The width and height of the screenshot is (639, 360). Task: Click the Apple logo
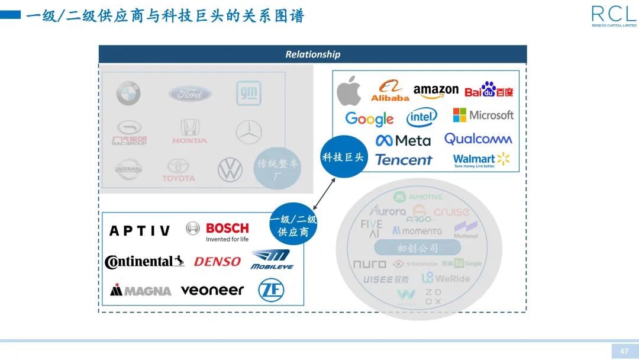pyautogui.click(x=349, y=91)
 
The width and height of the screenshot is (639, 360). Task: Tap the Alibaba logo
pyautogui.click(x=390, y=91)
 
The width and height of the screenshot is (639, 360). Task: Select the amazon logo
pyautogui.click(x=436, y=91)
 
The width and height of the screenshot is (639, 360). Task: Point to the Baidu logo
pyautogui.click(x=489, y=90)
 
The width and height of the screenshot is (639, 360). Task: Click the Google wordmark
pyautogui.click(x=369, y=118)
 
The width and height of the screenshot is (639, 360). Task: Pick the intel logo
pyautogui.click(x=422, y=118)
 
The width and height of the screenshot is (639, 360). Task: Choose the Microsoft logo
pyautogui.click(x=483, y=115)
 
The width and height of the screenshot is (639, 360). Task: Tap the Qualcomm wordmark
pyautogui.click(x=478, y=139)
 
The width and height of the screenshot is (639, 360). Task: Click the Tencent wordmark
pyautogui.click(x=404, y=160)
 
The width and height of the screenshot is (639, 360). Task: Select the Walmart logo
pyautogui.click(x=481, y=160)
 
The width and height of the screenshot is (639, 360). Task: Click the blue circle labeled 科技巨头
pyautogui.click(x=344, y=157)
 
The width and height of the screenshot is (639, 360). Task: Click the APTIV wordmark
pyautogui.click(x=140, y=230)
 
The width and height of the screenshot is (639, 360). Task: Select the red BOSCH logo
pyautogui.click(x=227, y=229)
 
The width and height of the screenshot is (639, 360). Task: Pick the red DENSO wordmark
pyautogui.click(x=217, y=261)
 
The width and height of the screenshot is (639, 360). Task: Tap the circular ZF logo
pyautogui.click(x=271, y=290)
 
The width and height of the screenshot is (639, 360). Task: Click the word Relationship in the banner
pyautogui.click(x=312, y=54)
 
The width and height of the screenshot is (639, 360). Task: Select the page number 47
pyautogui.click(x=624, y=351)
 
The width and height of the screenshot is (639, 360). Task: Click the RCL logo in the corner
pyautogui.click(x=614, y=15)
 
